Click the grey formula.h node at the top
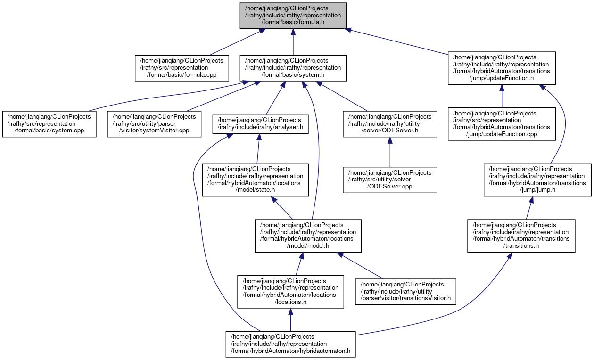click(x=293, y=16)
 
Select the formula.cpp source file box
click(x=181, y=68)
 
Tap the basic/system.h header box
click(x=293, y=68)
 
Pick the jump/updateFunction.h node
click(x=502, y=68)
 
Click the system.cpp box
click(x=49, y=124)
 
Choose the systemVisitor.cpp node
click(x=154, y=124)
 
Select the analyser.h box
click(x=260, y=124)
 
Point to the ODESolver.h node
click(x=389, y=124)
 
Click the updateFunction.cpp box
click(x=502, y=124)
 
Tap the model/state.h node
click(x=255, y=180)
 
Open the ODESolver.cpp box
click(x=389, y=180)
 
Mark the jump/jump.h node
click(x=537, y=180)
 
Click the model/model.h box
click(x=308, y=236)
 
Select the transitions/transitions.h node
click(x=521, y=236)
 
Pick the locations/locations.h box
click(x=290, y=292)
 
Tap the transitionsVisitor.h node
click(x=405, y=292)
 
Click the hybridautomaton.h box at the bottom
click(x=290, y=344)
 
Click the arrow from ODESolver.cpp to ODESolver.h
click(x=389, y=152)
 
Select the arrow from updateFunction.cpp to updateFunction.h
click(x=502, y=96)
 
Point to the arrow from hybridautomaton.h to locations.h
click(x=290, y=319)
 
